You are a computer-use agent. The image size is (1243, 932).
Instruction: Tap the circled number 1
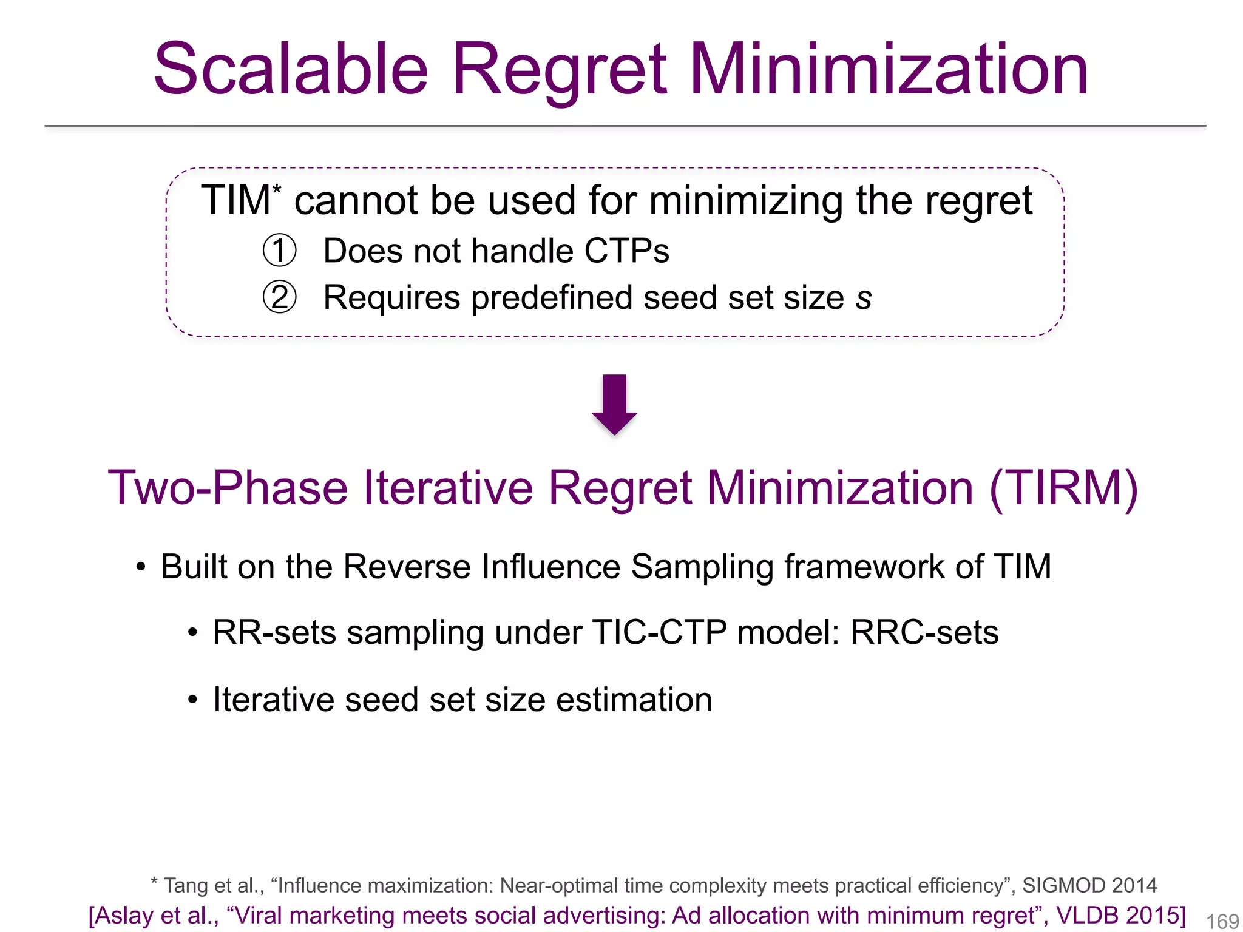(x=279, y=251)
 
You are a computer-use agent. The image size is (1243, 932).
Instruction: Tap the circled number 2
(x=279, y=297)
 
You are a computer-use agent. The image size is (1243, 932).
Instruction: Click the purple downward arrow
(x=614, y=404)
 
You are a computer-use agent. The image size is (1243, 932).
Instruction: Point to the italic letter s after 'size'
(x=864, y=299)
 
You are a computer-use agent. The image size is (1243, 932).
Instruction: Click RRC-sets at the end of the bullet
(x=924, y=632)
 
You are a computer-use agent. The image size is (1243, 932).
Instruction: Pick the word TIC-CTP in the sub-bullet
(x=659, y=632)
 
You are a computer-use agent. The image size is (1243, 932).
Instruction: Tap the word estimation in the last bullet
(x=634, y=700)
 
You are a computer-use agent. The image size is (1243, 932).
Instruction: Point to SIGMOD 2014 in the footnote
(x=1089, y=885)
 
